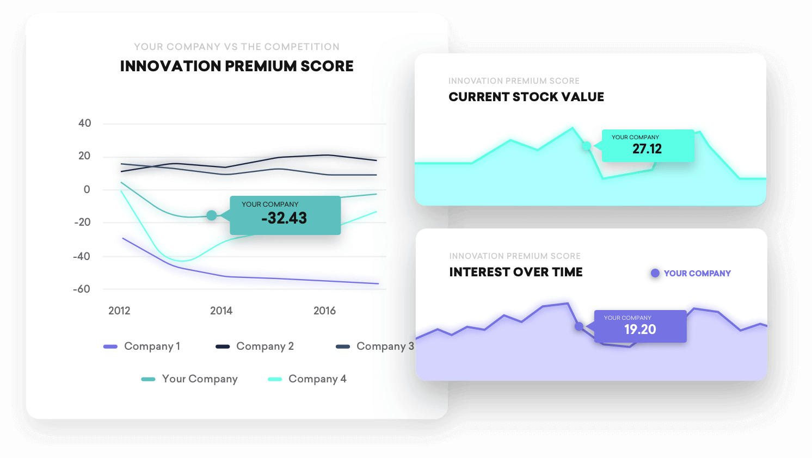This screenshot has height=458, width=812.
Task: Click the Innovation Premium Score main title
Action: [x=237, y=66]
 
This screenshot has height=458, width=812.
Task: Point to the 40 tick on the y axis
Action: [x=85, y=123]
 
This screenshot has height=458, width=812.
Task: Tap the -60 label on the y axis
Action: [x=82, y=289]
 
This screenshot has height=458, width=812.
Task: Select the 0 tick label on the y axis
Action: [x=87, y=189]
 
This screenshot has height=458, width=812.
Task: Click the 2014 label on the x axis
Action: [x=221, y=311]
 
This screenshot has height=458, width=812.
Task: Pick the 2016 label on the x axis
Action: [x=324, y=311]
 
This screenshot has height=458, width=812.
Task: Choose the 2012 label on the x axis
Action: [x=119, y=311]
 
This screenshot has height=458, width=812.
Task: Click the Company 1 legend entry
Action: [x=142, y=346]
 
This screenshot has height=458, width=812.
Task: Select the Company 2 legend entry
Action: [x=255, y=346]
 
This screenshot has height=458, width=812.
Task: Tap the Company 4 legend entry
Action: [x=307, y=379]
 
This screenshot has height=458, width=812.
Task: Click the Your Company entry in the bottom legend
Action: [x=189, y=379]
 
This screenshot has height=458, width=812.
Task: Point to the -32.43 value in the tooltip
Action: [x=284, y=218]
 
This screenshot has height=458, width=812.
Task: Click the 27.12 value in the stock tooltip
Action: [x=647, y=149]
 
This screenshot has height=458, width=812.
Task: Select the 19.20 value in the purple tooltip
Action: [x=640, y=330]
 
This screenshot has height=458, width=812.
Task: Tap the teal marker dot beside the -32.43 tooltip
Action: [x=212, y=215]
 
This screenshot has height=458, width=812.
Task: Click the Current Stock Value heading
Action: [x=526, y=97]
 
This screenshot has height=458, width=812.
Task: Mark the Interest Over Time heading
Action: [x=516, y=272]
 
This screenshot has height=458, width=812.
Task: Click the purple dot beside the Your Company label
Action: [x=655, y=273]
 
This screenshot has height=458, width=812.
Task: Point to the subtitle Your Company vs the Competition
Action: [x=237, y=47]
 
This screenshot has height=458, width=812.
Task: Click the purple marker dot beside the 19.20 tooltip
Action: [x=579, y=326]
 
